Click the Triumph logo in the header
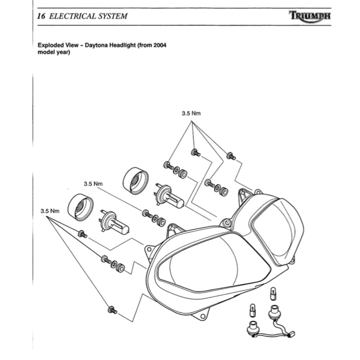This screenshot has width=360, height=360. (x=311, y=16)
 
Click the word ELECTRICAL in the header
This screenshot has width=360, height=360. (x=71, y=16)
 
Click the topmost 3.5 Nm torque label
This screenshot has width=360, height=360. (x=191, y=114)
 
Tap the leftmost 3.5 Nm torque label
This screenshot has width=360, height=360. (x=49, y=211)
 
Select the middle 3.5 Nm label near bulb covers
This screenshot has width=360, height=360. (x=93, y=183)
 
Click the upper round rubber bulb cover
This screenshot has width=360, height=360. (x=134, y=180)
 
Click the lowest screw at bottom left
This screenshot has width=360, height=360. (x=112, y=310)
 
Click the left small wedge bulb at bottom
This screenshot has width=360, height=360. (x=251, y=311)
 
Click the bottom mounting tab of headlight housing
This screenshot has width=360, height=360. (x=204, y=312)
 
